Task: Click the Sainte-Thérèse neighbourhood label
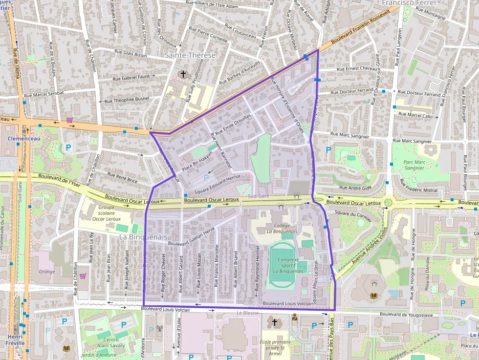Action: [190, 55]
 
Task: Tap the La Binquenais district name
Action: [144, 237]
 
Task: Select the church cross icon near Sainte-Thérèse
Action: [183, 74]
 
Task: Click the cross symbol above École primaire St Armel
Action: [274, 322]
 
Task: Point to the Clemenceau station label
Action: [24, 139]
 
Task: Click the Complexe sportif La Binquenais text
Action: [288, 265]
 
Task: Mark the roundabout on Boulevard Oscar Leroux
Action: [388, 202]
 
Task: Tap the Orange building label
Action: [46, 272]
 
